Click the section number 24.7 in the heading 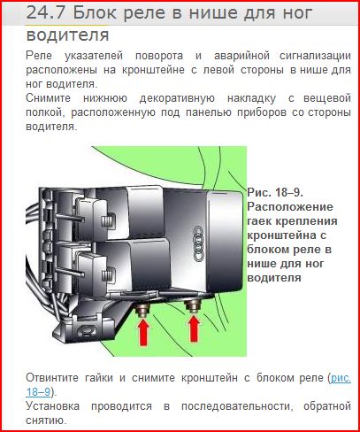tap(47, 13)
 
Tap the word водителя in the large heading tap(67, 35)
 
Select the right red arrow tap(194, 328)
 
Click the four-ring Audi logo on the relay tap(199, 243)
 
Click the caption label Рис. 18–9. tap(275, 192)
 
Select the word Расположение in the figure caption tap(290, 207)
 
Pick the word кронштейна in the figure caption tap(283, 235)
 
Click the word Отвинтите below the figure tap(52, 378)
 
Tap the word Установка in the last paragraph tap(53, 406)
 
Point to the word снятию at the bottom tap(45, 420)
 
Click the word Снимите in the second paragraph tap(48, 98)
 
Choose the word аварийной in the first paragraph tap(241, 56)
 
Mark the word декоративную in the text tap(177, 98)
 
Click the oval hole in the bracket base tap(86, 329)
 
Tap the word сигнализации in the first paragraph tap(315, 56)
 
